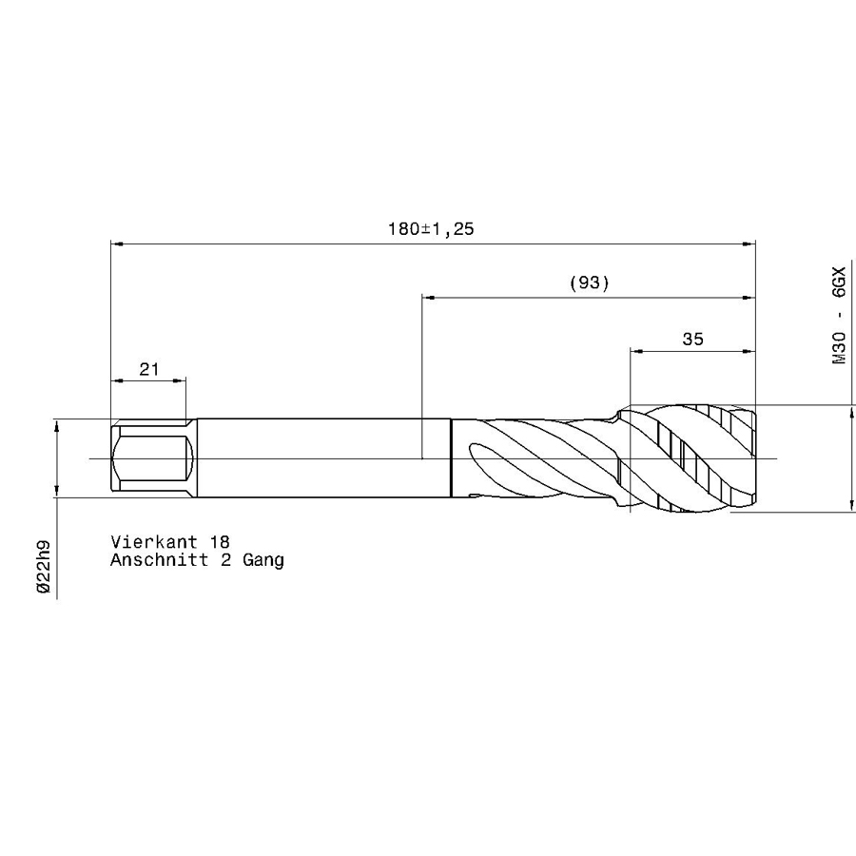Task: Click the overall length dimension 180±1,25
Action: point(431,228)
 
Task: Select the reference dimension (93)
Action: point(589,282)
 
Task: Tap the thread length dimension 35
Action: point(692,340)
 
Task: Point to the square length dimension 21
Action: point(149,370)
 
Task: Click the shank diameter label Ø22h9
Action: point(43,566)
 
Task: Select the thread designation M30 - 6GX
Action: point(839,315)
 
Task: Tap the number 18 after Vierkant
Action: point(220,541)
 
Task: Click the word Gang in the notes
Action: point(263,561)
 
